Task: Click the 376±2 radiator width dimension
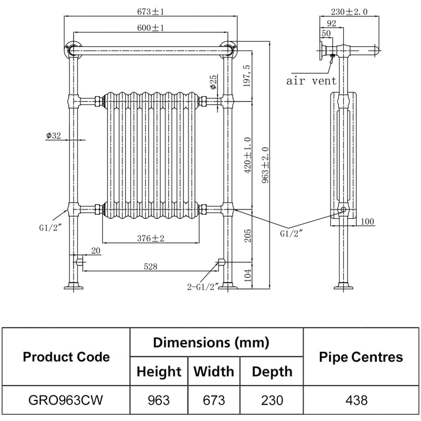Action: [x=151, y=238]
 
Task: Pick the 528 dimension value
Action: [x=151, y=267]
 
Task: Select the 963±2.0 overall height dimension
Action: [x=267, y=165]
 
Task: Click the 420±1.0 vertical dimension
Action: [x=248, y=155]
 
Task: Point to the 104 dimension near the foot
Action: [x=248, y=275]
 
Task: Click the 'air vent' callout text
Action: [x=311, y=81]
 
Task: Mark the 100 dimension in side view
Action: [x=367, y=222]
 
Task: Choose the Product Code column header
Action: [x=66, y=357]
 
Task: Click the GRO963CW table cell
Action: [x=66, y=400]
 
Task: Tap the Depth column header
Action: [x=272, y=372]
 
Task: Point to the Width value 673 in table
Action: [x=214, y=400]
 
